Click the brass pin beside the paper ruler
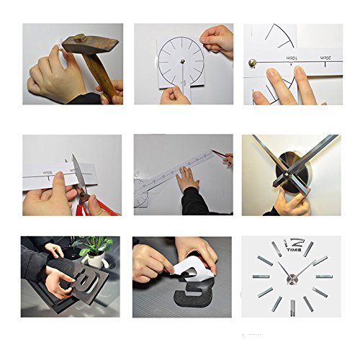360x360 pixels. coord(253,64)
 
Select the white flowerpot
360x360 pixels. coord(94,261)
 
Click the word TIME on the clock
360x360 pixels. coord(293,251)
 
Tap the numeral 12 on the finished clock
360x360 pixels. coord(294,242)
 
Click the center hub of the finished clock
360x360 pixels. coord(293,276)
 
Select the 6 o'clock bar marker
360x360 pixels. coord(293,307)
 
